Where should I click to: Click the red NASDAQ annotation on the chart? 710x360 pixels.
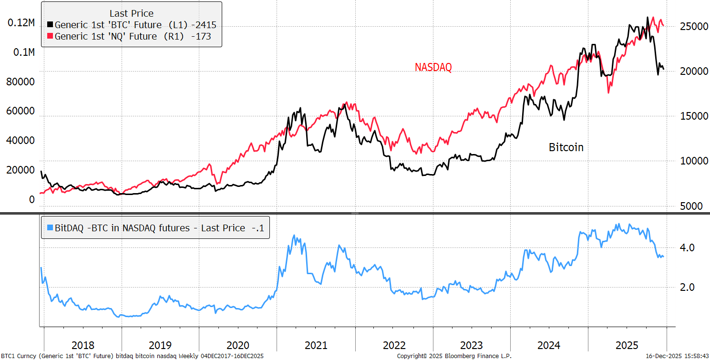433,68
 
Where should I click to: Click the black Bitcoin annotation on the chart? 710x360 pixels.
566,147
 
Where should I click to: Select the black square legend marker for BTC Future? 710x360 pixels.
50,24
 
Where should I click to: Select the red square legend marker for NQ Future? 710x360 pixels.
50,36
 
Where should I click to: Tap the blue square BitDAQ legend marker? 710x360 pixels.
50,228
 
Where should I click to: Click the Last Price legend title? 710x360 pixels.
132,13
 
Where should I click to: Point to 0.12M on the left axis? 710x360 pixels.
21,23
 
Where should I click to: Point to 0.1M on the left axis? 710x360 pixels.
23,52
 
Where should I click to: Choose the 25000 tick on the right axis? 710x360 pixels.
693,27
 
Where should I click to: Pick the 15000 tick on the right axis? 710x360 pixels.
693,116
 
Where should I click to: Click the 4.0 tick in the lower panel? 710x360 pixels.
688,247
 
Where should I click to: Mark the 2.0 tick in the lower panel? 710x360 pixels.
688,287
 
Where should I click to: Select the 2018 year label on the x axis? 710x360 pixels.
82,345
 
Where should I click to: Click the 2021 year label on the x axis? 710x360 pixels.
316,345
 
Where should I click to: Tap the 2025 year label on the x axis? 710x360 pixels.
627,345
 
